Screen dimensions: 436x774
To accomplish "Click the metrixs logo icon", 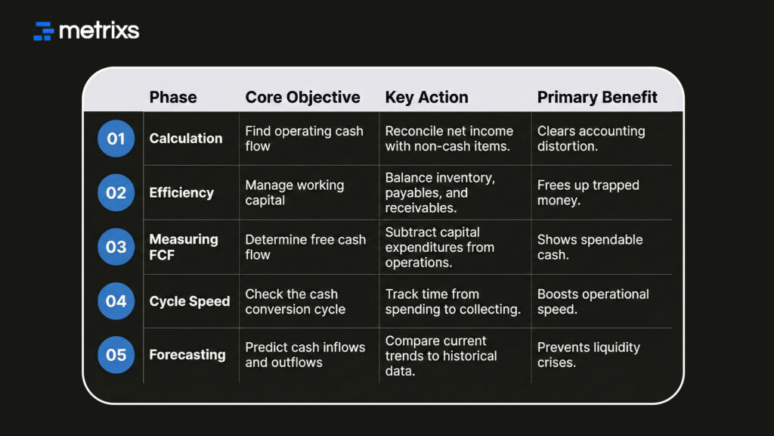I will coord(44,31).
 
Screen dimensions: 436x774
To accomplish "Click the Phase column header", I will coord(173,97).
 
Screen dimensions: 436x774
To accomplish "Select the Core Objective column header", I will coord(302,97).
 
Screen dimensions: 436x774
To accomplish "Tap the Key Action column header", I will coord(426,97).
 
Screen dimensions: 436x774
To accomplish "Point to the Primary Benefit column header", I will coord(597,97).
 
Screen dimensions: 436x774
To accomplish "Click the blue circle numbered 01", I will coord(116,139).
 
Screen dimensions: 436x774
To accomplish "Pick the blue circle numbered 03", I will coord(116,247).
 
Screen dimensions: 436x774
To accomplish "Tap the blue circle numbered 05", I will coord(116,355).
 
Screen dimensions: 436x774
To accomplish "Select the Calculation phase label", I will coord(186,139).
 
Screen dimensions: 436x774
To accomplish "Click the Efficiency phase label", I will coord(181,193).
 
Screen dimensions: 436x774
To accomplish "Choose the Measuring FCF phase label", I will coord(184,247).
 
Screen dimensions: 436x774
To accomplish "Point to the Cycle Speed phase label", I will coord(190,301).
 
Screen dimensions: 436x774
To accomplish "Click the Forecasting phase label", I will coord(187,355).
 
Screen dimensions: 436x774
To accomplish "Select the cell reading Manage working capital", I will coord(294,193).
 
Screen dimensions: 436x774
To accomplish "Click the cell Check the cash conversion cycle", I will coord(295,301).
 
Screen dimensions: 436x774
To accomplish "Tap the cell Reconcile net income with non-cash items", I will coord(449,139).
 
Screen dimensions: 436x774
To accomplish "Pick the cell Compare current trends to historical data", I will coord(441,356).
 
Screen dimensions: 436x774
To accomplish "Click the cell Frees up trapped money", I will coord(588,193).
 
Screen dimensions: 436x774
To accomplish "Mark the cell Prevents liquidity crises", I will coord(588,355).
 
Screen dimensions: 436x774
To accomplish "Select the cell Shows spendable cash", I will coord(590,247).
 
